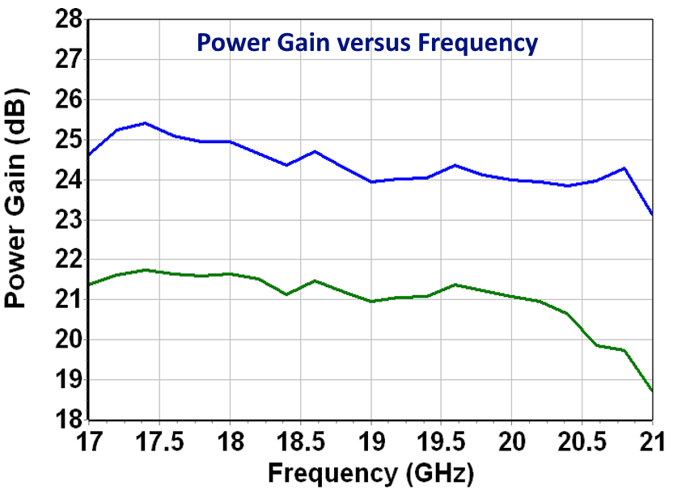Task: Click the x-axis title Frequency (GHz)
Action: tap(370, 471)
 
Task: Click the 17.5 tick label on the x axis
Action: tap(159, 441)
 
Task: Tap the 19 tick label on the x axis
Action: tap(370, 441)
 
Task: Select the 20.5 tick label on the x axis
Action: tap(582, 441)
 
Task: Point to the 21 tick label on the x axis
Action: tap(651, 441)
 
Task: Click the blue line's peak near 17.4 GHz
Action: tap(145, 123)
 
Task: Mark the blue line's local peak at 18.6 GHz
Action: tap(315, 151)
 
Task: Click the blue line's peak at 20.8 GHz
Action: tap(624, 168)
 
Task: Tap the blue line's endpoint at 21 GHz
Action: tap(652, 214)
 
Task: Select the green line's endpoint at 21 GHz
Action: tap(652, 391)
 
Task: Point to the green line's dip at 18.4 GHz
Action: tap(286, 294)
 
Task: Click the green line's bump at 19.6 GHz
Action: tap(455, 285)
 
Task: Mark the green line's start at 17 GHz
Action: tap(89, 284)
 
